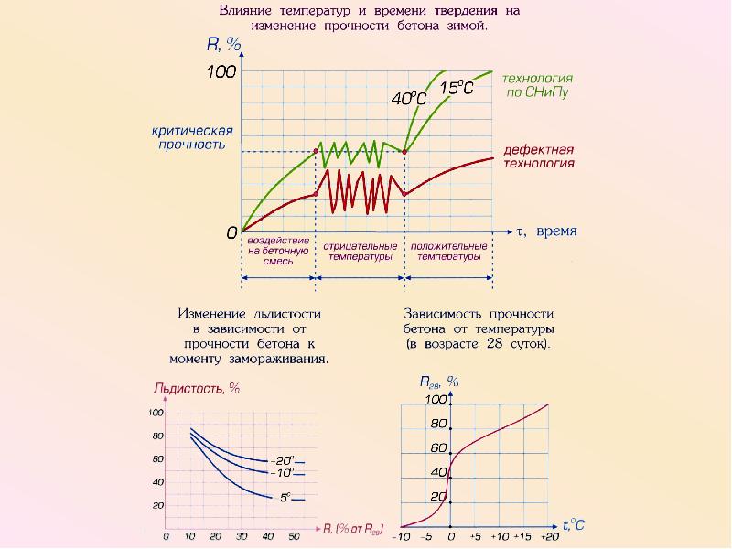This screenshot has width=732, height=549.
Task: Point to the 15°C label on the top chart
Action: coord(456,88)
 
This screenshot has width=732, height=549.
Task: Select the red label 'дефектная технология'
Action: coord(539,156)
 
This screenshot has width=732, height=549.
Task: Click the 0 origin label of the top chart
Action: coord(231,232)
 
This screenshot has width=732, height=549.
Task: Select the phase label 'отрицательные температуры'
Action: coord(360,252)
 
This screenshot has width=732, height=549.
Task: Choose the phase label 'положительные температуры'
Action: coord(448,252)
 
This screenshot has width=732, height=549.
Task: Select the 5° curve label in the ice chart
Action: coord(285,498)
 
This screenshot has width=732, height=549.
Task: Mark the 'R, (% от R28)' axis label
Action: coord(354,528)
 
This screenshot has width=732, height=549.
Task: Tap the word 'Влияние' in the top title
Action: coord(249,12)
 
